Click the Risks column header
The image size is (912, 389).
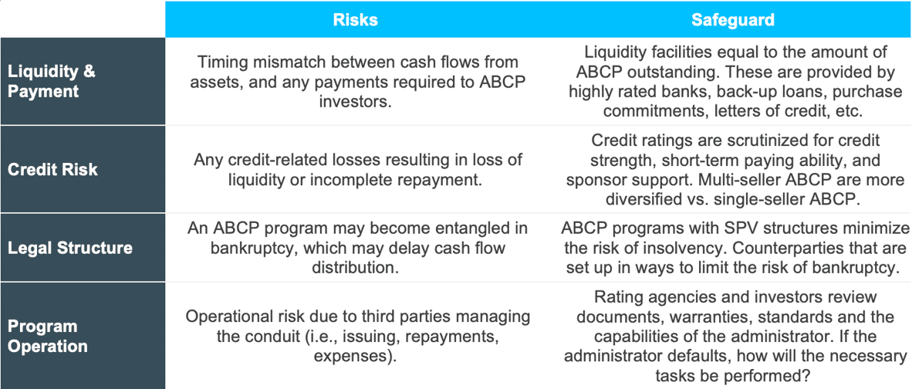(355, 20)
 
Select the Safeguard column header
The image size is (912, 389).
(733, 20)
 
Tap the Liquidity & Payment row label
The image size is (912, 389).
(51, 81)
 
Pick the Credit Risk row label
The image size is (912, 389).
(53, 169)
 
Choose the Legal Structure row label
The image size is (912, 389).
(69, 248)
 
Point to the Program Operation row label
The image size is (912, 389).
(48, 336)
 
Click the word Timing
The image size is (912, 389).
(219, 62)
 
